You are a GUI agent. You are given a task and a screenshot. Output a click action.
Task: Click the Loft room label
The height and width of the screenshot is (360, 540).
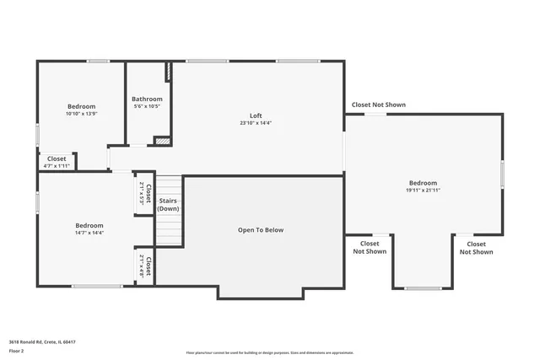coord(255,116)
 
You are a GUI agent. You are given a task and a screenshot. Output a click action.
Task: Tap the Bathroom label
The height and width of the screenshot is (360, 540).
coord(146,99)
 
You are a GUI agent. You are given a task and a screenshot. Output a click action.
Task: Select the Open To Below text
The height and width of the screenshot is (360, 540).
coord(261,229)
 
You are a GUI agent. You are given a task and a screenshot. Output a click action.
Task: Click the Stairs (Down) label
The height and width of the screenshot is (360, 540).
coord(168,205)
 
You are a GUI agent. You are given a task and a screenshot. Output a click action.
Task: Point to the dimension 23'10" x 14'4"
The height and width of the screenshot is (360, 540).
coord(255,123)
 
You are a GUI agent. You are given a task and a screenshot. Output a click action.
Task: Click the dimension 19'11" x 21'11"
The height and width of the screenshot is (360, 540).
coord(423,191)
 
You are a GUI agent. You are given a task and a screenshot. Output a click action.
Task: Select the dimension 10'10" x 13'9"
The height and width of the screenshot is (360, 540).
coord(82,114)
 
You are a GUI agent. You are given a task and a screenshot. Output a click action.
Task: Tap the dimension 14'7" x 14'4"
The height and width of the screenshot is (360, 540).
coord(89,233)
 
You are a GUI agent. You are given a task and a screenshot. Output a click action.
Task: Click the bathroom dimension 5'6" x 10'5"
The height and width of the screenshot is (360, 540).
coord(146,106)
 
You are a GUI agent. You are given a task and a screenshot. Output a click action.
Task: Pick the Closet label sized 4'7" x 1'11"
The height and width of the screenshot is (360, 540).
coord(57,159)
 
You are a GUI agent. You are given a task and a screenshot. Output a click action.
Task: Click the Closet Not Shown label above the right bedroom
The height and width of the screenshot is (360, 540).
coord(379,105)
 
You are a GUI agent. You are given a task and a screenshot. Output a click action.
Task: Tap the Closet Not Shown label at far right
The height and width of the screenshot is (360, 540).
coord(476,248)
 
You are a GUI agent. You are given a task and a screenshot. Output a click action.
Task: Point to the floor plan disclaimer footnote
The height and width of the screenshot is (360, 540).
coord(270,352)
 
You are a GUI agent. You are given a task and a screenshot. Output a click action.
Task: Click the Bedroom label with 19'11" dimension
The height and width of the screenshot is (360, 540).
coord(423,183)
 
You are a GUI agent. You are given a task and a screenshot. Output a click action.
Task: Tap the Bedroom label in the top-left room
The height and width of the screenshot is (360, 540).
coord(82,106)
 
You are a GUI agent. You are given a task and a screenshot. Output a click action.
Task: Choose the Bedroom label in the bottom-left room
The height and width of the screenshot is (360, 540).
coord(89,225)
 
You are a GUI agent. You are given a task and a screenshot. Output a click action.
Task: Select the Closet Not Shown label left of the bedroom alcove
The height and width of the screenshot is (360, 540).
coord(370,248)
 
